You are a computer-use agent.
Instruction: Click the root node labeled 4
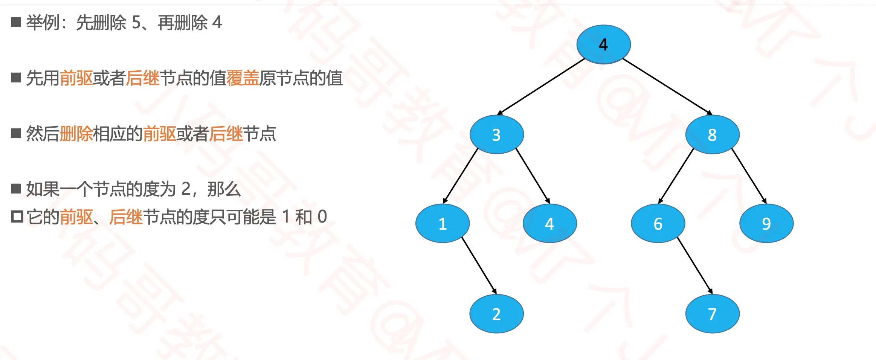[x=603, y=44]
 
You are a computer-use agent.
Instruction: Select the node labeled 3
[x=496, y=134]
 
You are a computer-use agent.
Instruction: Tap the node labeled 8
[x=712, y=134]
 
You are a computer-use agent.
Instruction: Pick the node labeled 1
[x=443, y=223]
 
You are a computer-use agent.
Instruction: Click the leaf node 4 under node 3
[x=549, y=223]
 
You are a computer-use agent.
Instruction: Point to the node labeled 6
[x=658, y=223]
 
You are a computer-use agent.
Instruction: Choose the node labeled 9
[x=766, y=223]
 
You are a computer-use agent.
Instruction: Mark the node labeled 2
[x=496, y=314]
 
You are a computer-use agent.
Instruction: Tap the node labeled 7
[x=712, y=314]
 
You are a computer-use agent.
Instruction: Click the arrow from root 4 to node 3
[x=541, y=86]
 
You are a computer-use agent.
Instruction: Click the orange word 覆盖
[x=243, y=78]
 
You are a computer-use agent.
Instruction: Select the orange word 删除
[x=76, y=134]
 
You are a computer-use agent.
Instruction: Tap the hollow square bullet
[x=17, y=217]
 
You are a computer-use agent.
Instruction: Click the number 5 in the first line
[x=136, y=23]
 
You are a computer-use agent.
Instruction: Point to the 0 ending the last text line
[x=322, y=217]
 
